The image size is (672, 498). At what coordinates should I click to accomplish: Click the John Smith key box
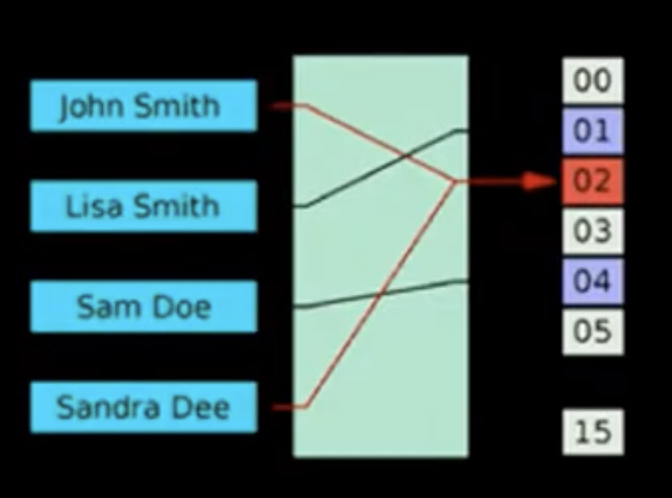click(143, 106)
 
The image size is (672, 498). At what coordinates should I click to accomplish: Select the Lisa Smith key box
click(143, 205)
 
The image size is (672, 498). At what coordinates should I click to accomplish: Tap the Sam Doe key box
click(143, 306)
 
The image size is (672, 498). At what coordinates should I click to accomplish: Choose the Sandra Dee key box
click(143, 406)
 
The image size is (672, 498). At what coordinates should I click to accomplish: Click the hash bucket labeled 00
click(592, 80)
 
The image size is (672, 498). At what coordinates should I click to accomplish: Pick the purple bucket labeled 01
click(592, 130)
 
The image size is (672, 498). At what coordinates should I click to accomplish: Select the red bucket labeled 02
click(592, 181)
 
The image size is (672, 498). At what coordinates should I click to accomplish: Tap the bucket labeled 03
click(592, 231)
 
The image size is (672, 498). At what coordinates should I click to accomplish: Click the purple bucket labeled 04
click(592, 281)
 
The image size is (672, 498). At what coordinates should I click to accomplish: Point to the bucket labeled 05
click(592, 331)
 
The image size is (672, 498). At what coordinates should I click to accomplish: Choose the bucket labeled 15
click(592, 432)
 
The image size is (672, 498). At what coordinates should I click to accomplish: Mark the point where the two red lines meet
click(454, 181)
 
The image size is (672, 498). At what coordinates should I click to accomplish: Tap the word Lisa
click(90, 205)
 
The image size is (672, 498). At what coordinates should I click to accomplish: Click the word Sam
click(103, 307)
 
